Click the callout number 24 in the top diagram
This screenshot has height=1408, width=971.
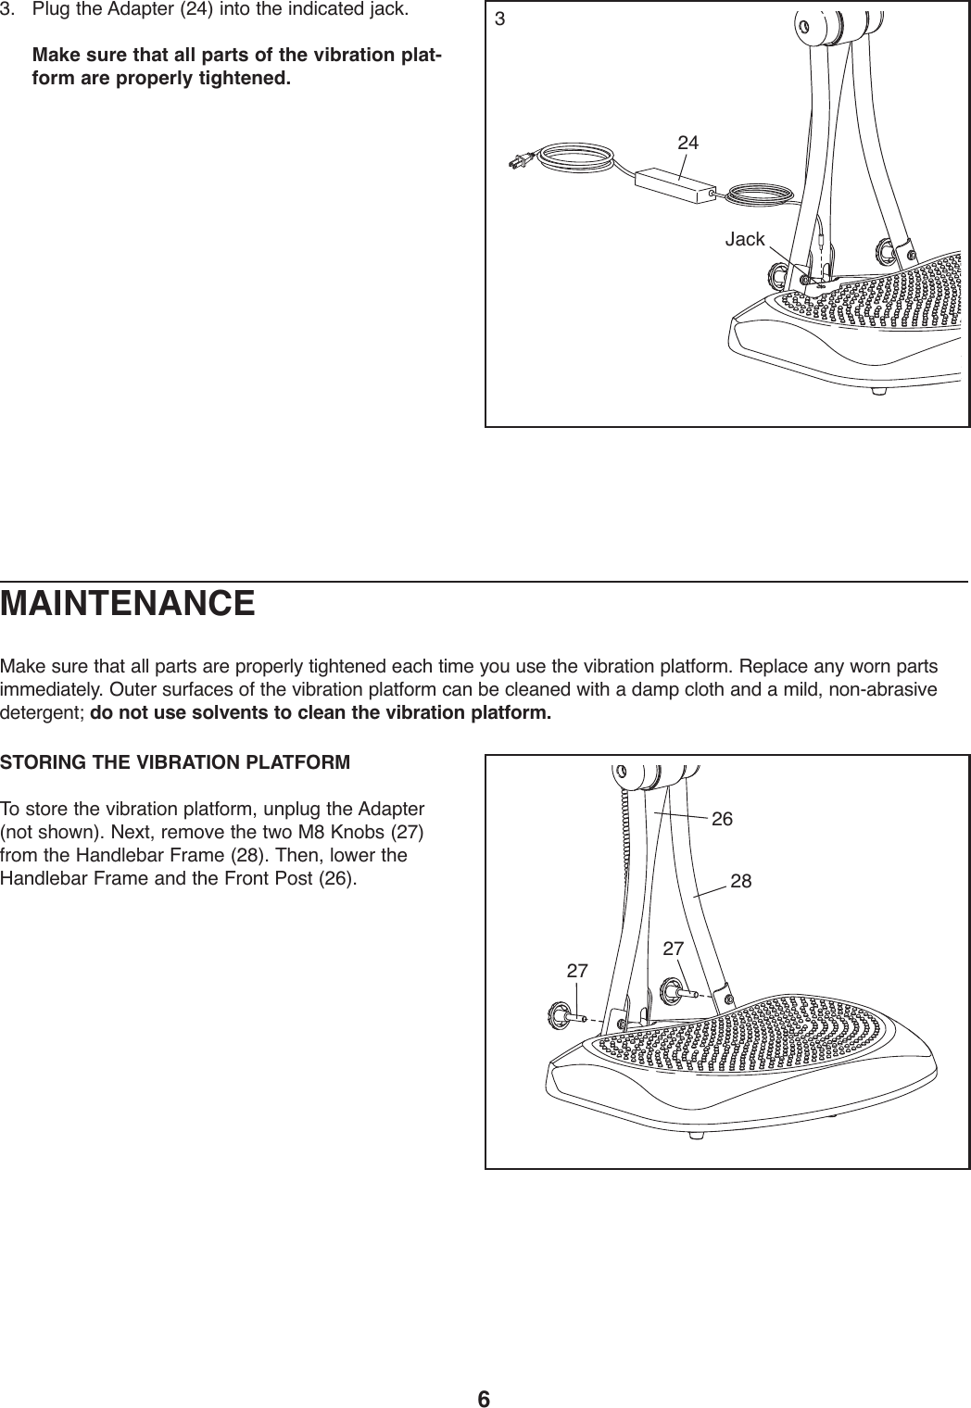pos(687,144)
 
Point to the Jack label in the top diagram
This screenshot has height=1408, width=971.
pos(744,240)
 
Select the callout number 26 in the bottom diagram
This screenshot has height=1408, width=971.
pos(722,819)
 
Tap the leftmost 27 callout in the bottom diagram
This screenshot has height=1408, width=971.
pos(577,971)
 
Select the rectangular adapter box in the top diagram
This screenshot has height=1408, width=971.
pos(675,188)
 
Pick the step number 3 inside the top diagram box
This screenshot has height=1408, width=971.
pos(500,19)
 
